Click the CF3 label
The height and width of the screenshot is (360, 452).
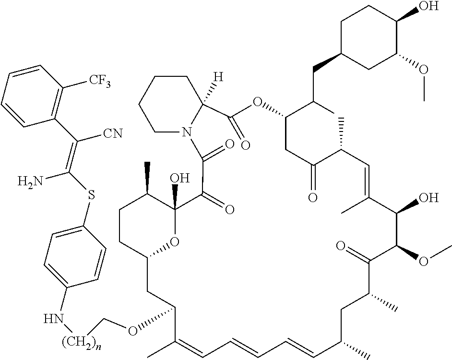pyautogui.click(x=99, y=81)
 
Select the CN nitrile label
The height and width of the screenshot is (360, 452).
pyautogui.click(x=113, y=133)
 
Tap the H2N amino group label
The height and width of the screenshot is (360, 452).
pyautogui.click(x=30, y=182)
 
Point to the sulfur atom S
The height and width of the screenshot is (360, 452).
pyautogui.click(x=91, y=195)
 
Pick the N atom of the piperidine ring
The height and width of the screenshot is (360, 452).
pyautogui.click(x=187, y=132)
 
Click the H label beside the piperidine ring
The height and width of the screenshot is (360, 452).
pyautogui.click(x=219, y=77)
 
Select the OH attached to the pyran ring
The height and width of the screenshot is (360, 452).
pyautogui.click(x=180, y=178)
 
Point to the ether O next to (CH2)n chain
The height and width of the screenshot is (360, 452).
pyautogui.click(x=132, y=331)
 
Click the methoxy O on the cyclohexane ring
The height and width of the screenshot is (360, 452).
pyautogui.click(x=424, y=69)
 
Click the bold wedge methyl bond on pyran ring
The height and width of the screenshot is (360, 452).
pyautogui.click(x=147, y=178)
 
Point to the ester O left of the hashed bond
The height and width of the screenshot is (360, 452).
pyautogui.click(x=256, y=102)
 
